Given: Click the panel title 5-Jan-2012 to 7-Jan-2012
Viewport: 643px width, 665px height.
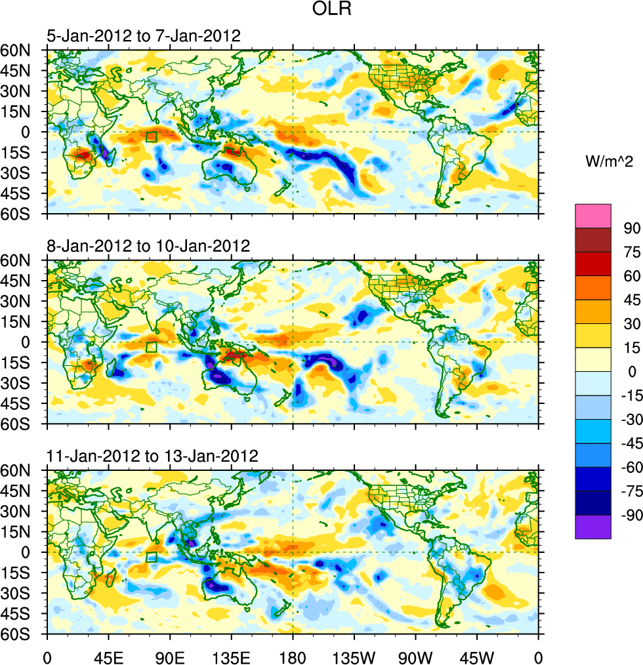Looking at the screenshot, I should pyautogui.click(x=143, y=36).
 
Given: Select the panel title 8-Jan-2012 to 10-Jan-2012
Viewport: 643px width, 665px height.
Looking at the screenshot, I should pyautogui.click(x=148, y=247).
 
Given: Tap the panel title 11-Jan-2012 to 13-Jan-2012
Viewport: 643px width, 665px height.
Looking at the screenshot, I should pyautogui.click(x=152, y=456).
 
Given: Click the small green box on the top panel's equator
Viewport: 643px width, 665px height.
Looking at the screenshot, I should pyautogui.click(x=152, y=137).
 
